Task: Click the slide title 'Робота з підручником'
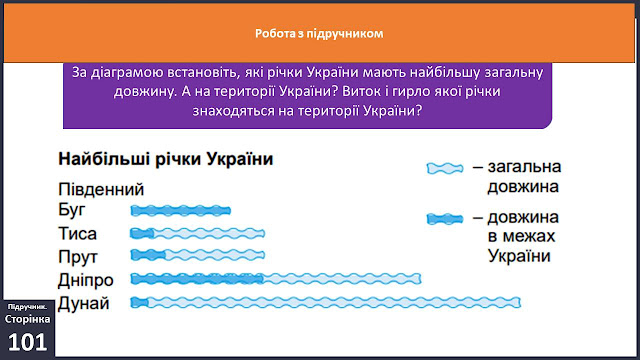point(319,33)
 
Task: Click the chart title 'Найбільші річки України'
point(166,159)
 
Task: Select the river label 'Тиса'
point(78,234)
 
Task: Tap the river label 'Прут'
point(78,257)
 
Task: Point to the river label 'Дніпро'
point(86,280)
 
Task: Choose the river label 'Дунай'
point(84,303)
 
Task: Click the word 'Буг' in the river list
point(72,210)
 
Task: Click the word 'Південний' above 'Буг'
point(101,189)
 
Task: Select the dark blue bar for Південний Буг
point(180,211)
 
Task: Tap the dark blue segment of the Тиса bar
point(142,233)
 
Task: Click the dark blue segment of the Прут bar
point(148,255)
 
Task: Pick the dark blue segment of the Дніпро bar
point(197,279)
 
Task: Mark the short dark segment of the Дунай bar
point(139,302)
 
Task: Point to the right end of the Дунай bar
point(520,302)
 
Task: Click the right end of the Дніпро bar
point(420,279)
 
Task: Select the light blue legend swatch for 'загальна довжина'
point(445,168)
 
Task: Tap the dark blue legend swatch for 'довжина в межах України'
point(445,219)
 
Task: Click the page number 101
point(27,342)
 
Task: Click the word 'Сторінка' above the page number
point(27,319)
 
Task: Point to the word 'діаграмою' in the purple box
point(125,73)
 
